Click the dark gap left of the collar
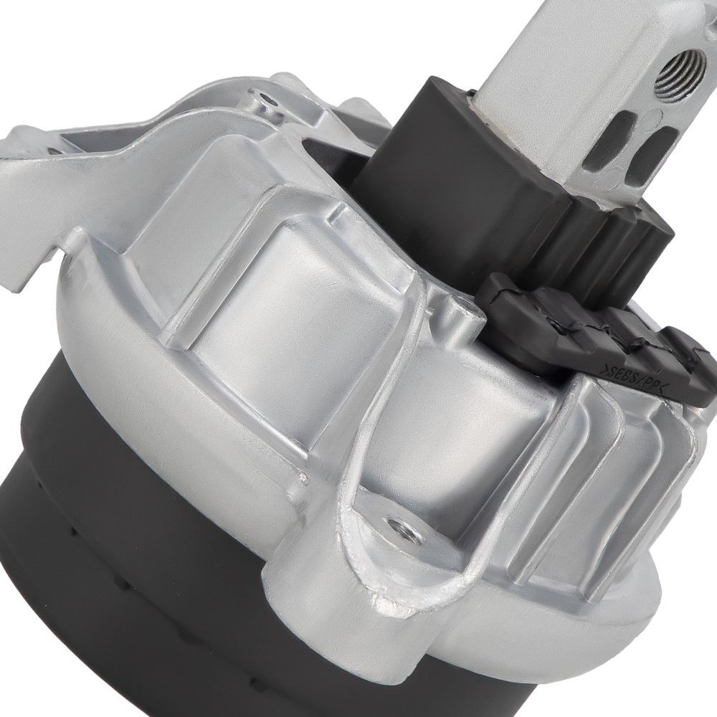click(330, 154)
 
